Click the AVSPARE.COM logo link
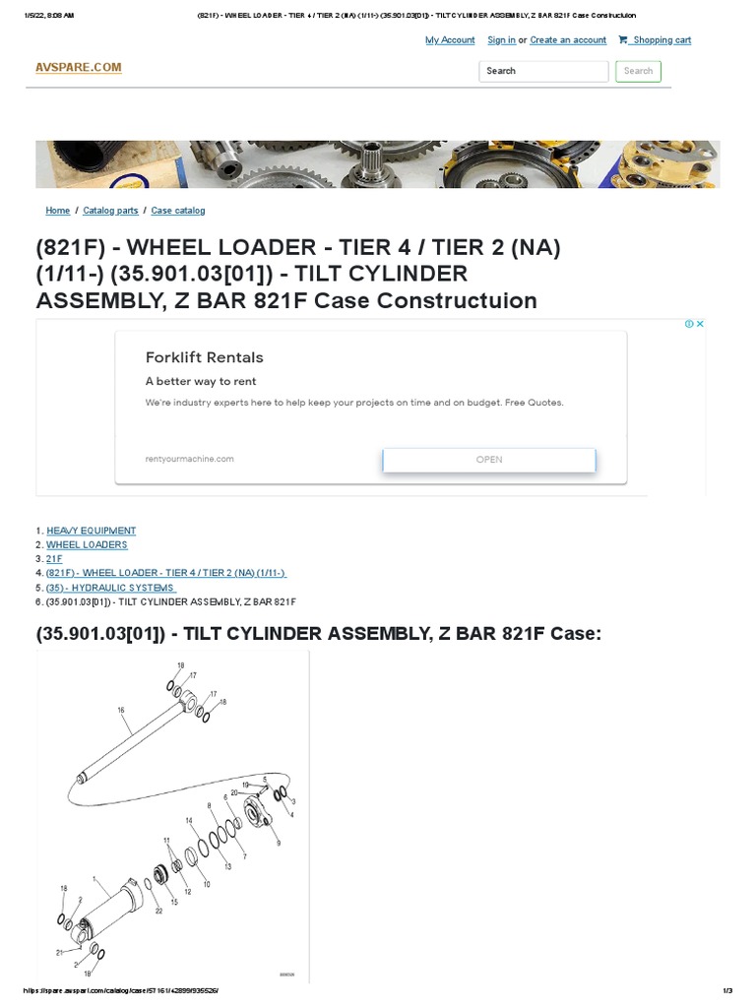[79, 67]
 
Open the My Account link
[450, 40]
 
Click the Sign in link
[501, 40]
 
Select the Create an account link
[568, 40]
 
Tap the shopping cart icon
[623, 40]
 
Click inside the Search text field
[543, 71]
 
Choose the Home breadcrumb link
[57, 211]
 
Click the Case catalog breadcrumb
[178, 211]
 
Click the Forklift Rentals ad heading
[205, 357]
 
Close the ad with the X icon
[700, 324]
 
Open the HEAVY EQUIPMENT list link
[92, 531]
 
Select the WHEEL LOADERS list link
[87, 544]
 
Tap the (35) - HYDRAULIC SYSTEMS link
[110, 588]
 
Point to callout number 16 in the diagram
[121, 710]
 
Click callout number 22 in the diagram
[158, 911]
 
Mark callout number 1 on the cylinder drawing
[93, 879]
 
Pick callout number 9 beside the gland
[279, 844]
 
